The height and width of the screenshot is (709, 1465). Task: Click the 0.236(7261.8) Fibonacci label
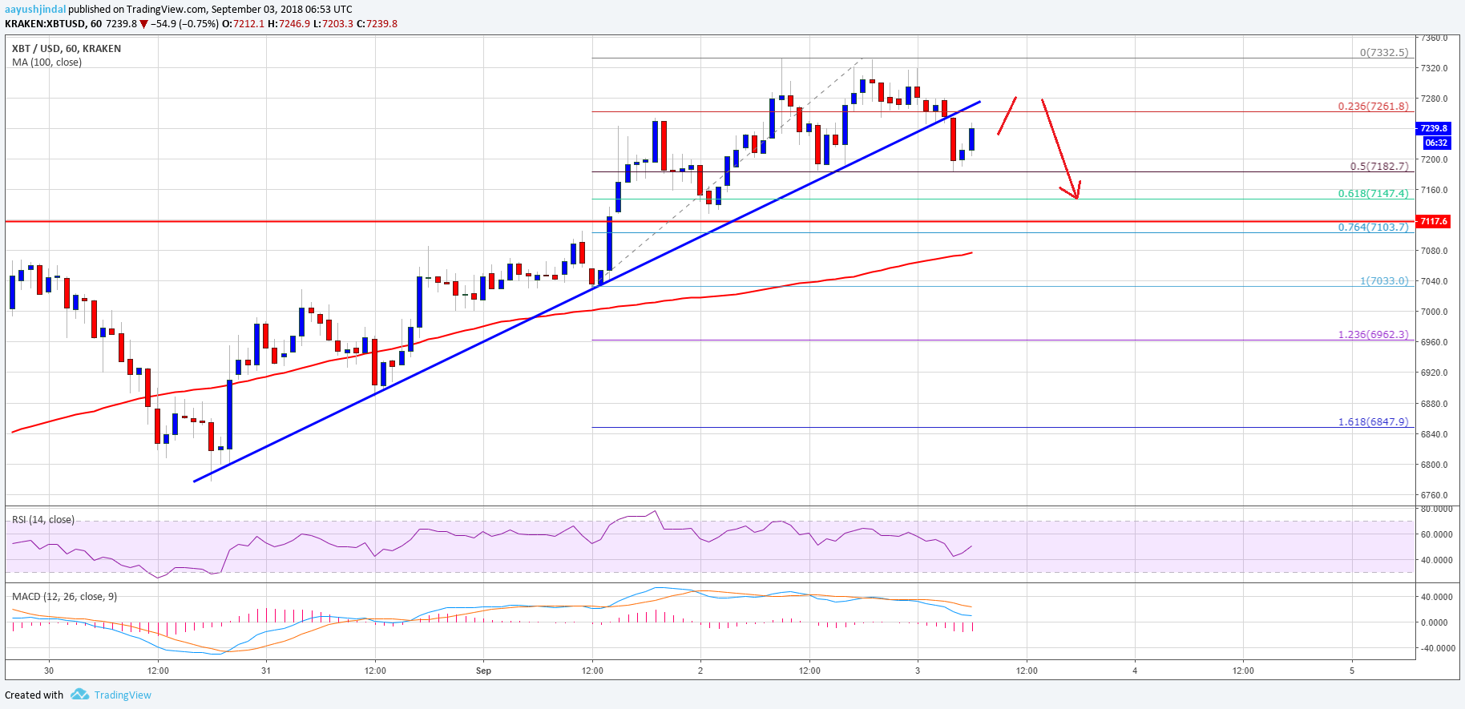coord(1373,106)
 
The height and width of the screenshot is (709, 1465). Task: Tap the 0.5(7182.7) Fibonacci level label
coord(1378,167)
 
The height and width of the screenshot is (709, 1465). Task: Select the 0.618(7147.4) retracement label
coord(1373,194)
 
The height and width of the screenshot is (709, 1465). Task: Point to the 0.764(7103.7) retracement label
coord(1373,228)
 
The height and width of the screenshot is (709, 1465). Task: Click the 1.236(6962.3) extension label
coord(1373,335)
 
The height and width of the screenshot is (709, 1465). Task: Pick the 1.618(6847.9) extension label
coord(1373,422)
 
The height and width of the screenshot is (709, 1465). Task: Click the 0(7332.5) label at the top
coord(1383,53)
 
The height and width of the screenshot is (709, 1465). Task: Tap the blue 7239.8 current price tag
coord(1433,128)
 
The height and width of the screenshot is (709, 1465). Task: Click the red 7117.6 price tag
coord(1433,221)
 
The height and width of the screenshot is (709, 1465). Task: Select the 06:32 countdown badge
coord(1436,143)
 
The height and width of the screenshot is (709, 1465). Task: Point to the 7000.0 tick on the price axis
coord(1434,312)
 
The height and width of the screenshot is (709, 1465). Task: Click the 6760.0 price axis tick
coord(1434,495)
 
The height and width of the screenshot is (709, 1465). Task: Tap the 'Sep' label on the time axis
coord(483,671)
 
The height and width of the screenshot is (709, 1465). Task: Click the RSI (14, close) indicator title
coord(43,520)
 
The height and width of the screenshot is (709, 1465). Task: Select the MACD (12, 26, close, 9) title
coord(64,597)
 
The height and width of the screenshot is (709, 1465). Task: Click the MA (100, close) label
coord(46,62)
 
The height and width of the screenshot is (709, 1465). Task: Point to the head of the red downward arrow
coord(1077,197)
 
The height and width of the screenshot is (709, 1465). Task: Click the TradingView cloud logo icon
coord(79,695)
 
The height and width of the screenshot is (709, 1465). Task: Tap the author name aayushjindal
coord(35,10)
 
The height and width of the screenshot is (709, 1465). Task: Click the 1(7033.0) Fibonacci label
coord(1383,281)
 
